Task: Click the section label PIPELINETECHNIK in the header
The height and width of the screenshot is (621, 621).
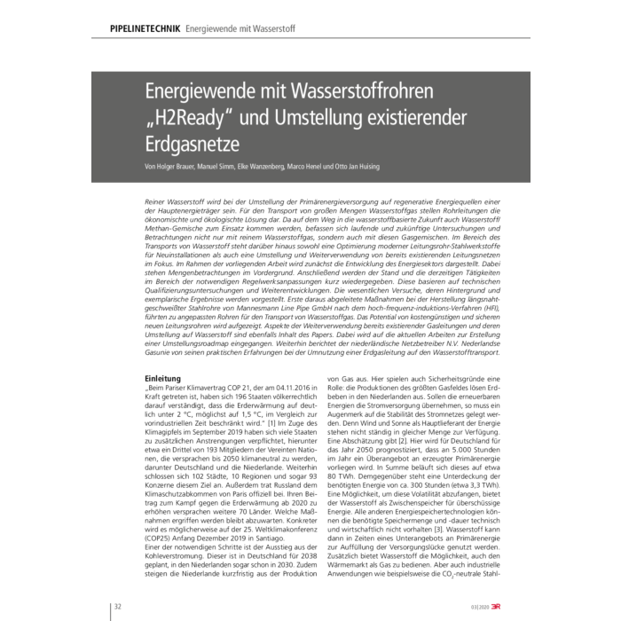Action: [137, 28]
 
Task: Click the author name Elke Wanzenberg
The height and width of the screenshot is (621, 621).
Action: [276, 167]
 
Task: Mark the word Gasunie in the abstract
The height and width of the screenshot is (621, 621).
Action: [163, 352]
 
